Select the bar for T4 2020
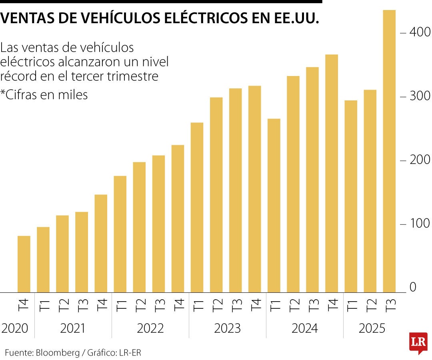tap(24, 264)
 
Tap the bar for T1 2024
tap(274, 206)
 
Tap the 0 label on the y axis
tap(412, 287)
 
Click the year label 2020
tap(15, 328)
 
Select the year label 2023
tap(227, 328)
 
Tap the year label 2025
tap(372, 328)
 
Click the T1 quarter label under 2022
tap(120, 306)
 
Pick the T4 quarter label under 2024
tap(332, 306)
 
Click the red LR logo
tap(418, 342)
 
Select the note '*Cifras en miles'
tap(44, 94)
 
